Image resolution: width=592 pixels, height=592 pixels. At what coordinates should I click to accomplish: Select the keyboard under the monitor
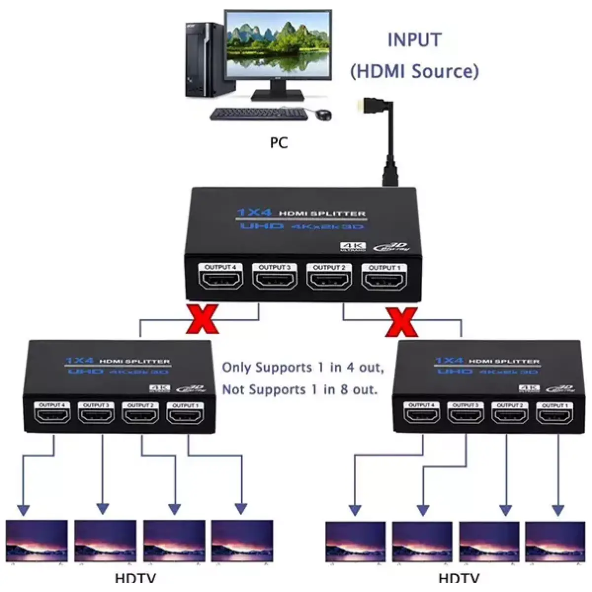(x=259, y=114)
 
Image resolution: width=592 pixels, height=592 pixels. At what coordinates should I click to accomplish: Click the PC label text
(x=279, y=143)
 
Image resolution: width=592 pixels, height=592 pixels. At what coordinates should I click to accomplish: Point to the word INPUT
(x=414, y=40)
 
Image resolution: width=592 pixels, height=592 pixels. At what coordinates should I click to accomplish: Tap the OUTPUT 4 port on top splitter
(x=221, y=279)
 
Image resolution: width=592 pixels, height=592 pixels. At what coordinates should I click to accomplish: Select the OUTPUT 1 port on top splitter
(x=384, y=280)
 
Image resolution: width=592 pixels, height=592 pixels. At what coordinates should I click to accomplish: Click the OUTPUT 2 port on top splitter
(x=329, y=280)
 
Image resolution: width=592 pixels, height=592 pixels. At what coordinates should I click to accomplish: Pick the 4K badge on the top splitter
(x=353, y=247)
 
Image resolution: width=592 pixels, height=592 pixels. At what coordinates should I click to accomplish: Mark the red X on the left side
(x=203, y=320)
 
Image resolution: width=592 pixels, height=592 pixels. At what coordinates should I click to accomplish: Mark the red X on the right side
(x=402, y=322)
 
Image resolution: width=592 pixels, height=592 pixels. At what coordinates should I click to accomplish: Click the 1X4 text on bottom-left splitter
(x=80, y=361)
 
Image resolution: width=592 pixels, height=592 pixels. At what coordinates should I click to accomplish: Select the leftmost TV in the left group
(x=37, y=541)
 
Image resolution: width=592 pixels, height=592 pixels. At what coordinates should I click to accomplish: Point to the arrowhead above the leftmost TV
(x=23, y=510)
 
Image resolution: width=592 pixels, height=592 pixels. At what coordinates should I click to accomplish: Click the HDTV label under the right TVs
(x=459, y=578)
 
